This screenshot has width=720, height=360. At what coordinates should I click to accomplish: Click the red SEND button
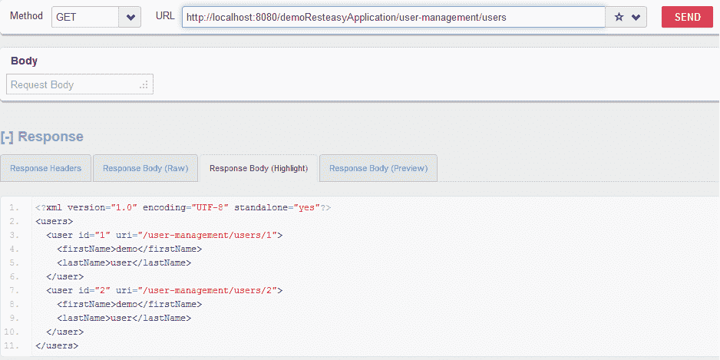pyautogui.click(x=687, y=17)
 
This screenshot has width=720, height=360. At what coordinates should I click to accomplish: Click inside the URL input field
pyautogui.click(x=391, y=17)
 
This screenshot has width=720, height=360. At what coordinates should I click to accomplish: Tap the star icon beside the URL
pyautogui.click(x=619, y=18)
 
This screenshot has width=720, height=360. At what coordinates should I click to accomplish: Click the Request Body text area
pyautogui.click(x=80, y=84)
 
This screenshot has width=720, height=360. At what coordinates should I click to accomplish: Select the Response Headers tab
pyautogui.click(x=46, y=168)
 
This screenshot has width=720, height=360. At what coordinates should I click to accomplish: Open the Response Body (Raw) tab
pyautogui.click(x=145, y=168)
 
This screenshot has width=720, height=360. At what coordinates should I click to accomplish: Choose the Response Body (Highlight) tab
pyautogui.click(x=259, y=168)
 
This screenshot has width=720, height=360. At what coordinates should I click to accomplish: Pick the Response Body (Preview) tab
pyautogui.click(x=378, y=168)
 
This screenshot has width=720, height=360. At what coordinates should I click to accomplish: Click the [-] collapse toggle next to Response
pyautogui.click(x=8, y=137)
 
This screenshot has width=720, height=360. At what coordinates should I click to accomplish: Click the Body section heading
pyautogui.click(x=24, y=61)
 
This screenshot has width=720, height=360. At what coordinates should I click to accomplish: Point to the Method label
pyautogui.click(x=26, y=16)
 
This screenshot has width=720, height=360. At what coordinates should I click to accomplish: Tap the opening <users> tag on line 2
pyautogui.click(x=54, y=222)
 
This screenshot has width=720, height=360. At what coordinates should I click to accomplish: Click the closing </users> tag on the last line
pyautogui.click(x=57, y=346)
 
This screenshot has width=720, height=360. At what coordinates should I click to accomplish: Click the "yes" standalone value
pyautogui.click(x=306, y=208)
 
